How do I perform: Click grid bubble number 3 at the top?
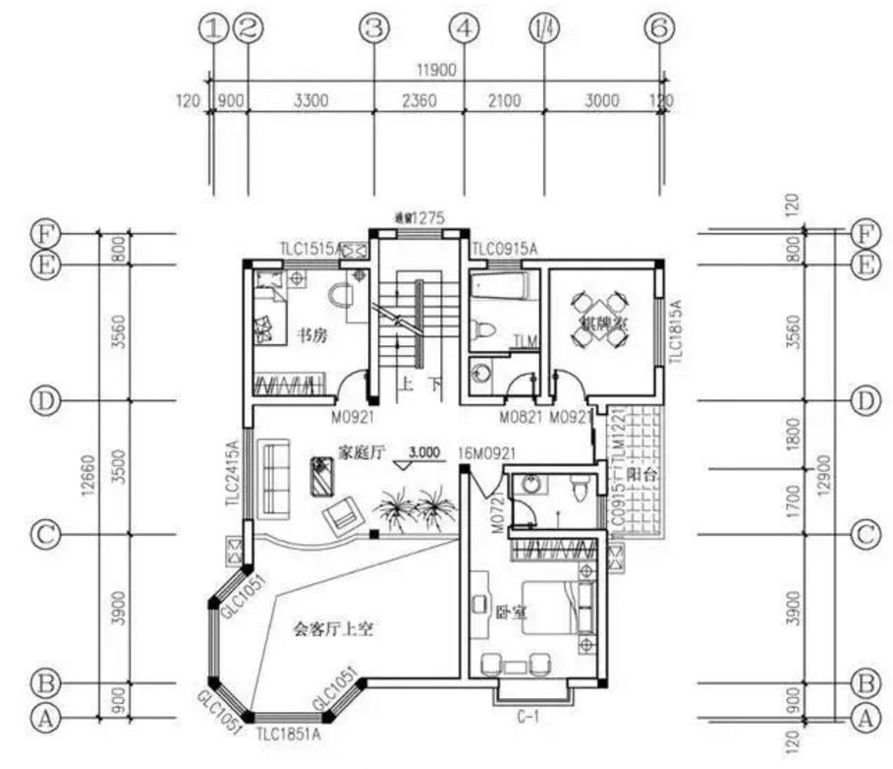pos(372,30)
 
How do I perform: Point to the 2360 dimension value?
pos(418,99)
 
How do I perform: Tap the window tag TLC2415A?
pos(233,474)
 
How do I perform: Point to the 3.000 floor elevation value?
pos(423,452)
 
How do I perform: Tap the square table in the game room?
pos(599,317)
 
